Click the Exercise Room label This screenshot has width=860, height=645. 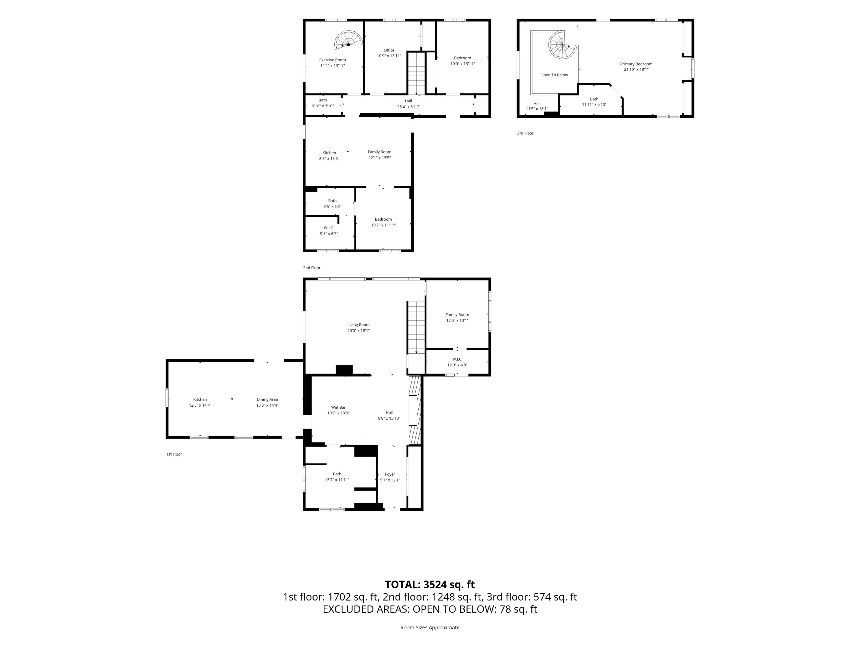click(332, 60)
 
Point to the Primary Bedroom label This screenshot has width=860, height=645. click(636, 64)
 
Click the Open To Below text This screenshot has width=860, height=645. click(554, 75)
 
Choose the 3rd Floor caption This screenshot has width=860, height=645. click(525, 133)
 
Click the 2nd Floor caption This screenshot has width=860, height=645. click(312, 268)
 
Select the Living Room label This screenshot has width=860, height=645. click(359, 325)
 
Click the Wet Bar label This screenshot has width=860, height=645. click(338, 407)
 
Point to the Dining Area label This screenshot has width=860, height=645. click(267, 399)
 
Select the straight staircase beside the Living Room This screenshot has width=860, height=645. click(416, 327)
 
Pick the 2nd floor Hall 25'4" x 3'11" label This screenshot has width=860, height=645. click(408, 104)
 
